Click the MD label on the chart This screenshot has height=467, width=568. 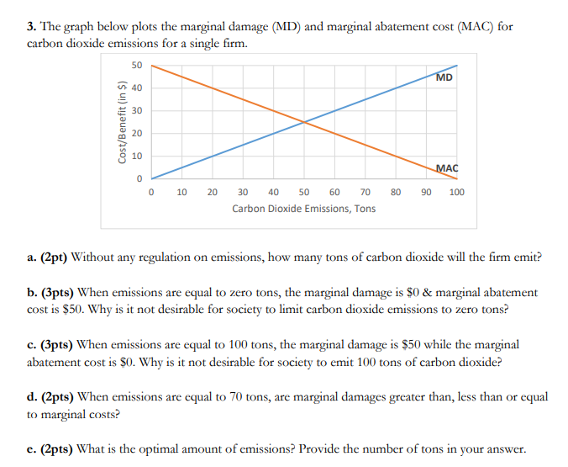coord(444,77)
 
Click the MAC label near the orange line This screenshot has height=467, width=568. coord(446,168)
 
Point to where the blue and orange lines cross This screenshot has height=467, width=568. coord(304,122)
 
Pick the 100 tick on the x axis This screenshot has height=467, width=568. coord(456,193)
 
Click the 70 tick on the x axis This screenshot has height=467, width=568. coord(365,193)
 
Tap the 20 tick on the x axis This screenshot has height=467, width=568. coord(213,193)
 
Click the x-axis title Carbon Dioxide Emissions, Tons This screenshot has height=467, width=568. coord(304,208)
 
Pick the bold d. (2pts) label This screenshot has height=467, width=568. coord(47,396)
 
